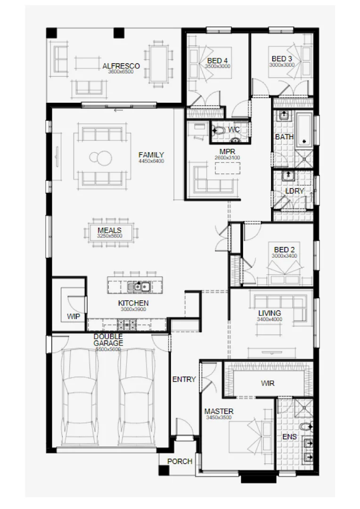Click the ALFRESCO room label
tap(121, 66)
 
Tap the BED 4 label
tap(217, 61)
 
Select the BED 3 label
tap(282, 59)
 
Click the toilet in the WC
tap(218, 131)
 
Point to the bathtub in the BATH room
tap(304, 128)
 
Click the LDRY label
tap(295, 191)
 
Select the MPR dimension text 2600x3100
tap(227, 157)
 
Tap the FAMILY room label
tap(151, 155)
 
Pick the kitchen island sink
tap(139, 286)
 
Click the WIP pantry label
tap(73, 316)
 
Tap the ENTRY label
tap(184, 379)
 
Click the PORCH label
tap(180, 461)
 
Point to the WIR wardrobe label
tap(267, 383)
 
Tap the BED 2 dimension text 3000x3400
tap(284, 256)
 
